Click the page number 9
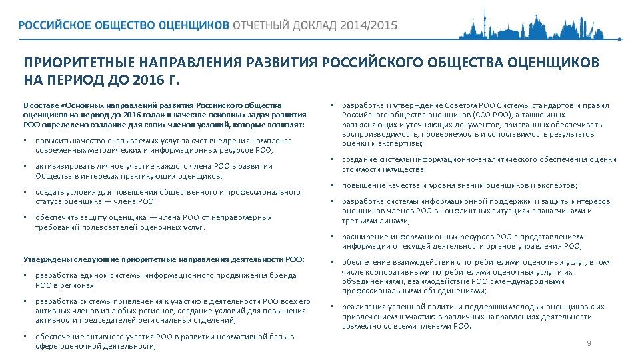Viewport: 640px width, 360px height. pyautogui.click(x=589, y=343)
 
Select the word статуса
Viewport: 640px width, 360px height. pyautogui.click(x=48, y=201)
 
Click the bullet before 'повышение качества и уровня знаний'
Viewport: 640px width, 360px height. pyautogui.click(x=331, y=185)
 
